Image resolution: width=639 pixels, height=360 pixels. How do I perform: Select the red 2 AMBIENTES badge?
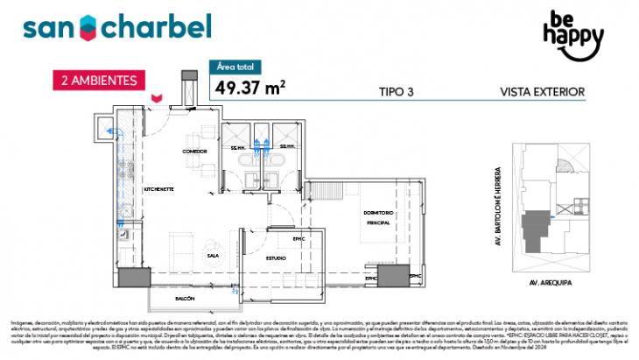click(98, 80)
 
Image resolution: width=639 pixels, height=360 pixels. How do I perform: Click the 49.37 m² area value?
click(249, 86)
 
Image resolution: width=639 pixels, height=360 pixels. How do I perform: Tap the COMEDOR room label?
click(193, 151)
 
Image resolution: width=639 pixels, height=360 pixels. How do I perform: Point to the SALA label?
click(213, 255)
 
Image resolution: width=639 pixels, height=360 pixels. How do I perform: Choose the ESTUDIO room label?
click(277, 258)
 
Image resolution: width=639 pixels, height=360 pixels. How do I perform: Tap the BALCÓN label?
click(185, 299)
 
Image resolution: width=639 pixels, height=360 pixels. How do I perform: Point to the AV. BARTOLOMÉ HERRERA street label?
click(498, 201)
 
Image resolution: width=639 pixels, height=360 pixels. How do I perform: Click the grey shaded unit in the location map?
click(533, 231)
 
